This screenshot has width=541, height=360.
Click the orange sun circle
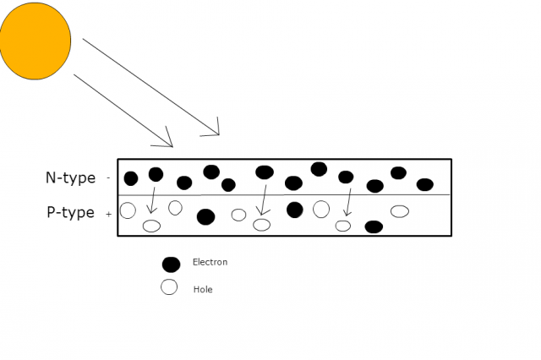point(35,40)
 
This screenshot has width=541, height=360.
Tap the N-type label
point(70,178)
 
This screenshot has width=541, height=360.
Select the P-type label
point(70,213)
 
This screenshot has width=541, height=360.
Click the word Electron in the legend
point(210,262)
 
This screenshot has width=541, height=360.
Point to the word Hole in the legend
point(203,289)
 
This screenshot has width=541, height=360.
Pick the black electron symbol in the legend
point(171,264)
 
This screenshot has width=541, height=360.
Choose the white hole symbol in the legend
point(169,287)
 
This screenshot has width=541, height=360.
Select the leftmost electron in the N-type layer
point(131,178)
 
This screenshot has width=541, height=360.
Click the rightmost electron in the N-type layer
point(425,184)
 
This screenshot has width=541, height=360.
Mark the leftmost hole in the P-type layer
point(128,210)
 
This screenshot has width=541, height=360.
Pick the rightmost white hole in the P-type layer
point(400,210)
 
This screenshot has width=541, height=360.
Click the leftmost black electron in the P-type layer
point(205,216)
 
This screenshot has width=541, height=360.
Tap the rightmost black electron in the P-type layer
point(374,226)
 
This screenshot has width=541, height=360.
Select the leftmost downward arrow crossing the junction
point(152,199)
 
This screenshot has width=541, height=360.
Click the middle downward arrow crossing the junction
point(264,199)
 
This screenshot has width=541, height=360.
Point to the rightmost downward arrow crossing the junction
point(347,201)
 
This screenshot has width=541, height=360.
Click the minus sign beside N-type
point(108,178)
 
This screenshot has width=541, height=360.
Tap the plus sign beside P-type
point(108,215)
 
